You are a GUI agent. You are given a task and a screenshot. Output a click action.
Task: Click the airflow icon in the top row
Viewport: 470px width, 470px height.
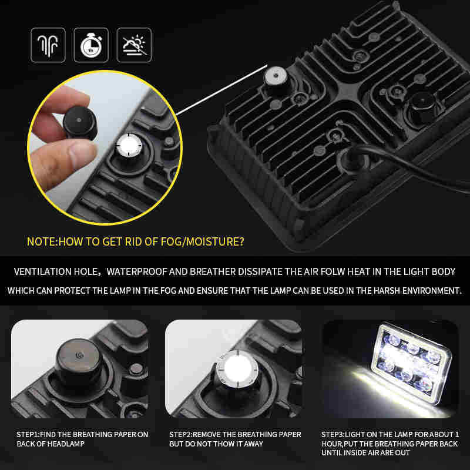coord(48,45)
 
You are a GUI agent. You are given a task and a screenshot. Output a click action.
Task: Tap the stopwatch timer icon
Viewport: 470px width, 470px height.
coord(91,45)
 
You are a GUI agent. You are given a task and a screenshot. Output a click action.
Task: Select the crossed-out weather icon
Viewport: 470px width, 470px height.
coord(134,45)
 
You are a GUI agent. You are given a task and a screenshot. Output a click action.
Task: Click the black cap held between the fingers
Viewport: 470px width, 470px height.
coord(80,123)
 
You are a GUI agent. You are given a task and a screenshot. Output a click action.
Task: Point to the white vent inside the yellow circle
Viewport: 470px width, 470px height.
coord(129,145)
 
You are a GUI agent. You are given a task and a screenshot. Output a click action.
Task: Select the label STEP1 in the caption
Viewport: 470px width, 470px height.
coord(28,434)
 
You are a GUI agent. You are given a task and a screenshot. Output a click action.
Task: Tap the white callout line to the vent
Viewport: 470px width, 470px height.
coord(222,89)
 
